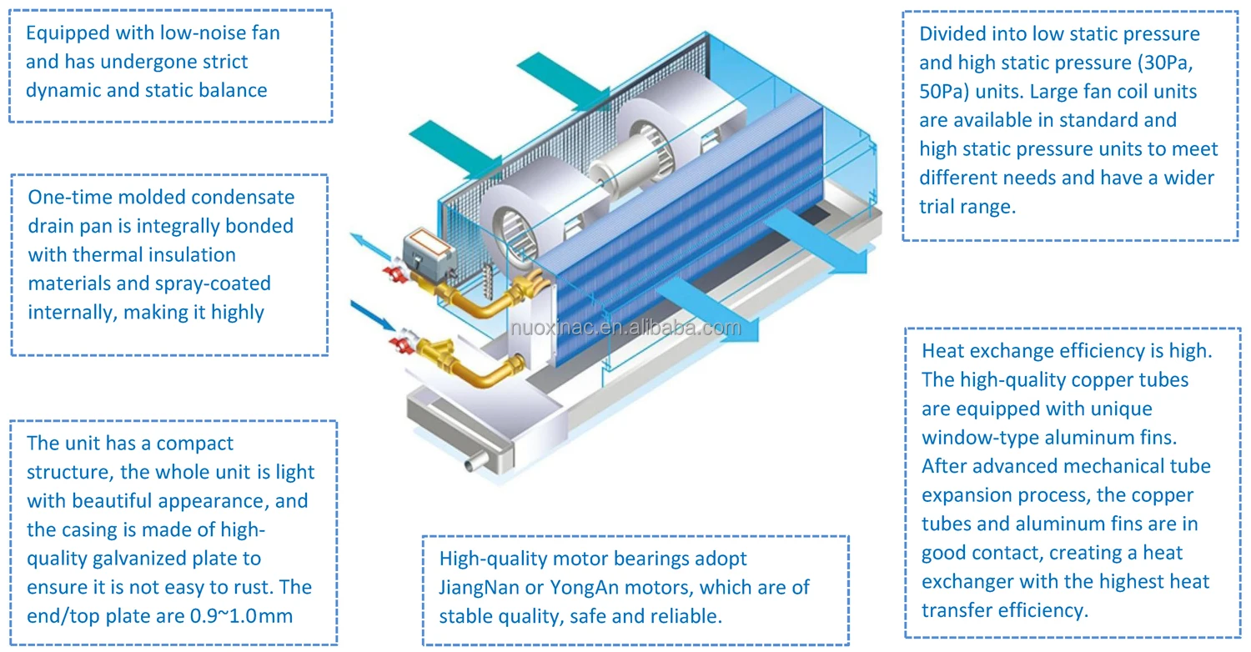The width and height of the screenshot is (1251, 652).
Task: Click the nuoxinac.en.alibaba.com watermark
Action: (625, 328)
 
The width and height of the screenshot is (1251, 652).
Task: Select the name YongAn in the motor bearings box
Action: (583, 587)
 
